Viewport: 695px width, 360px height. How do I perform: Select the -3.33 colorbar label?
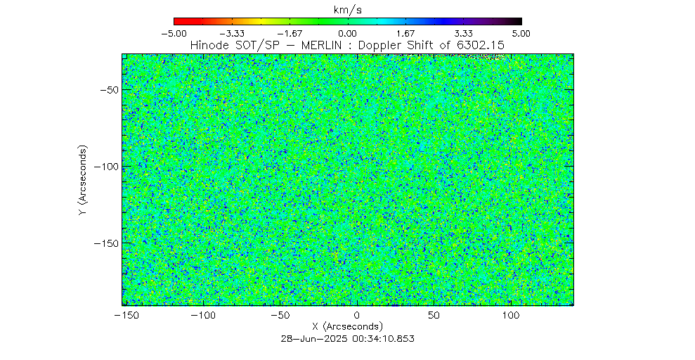pos(232,33)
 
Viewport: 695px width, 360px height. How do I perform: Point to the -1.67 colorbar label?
pos(290,33)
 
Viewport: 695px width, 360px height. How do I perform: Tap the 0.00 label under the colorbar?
pos(348,33)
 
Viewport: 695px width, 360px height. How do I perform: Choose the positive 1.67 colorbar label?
pos(405,33)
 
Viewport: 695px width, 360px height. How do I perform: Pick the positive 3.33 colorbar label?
pos(464,33)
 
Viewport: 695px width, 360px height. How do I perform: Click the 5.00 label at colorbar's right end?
pos(521,33)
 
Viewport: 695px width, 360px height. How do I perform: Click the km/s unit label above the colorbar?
pos(348,8)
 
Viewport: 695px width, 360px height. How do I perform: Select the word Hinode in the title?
pos(210,45)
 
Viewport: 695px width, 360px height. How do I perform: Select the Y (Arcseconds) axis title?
pos(84,181)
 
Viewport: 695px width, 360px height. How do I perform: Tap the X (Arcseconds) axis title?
pos(348,327)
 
